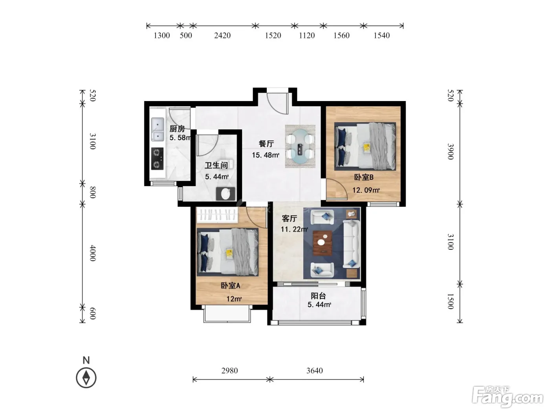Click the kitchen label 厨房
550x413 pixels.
click(x=177, y=129)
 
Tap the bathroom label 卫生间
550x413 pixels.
click(x=216, y=165)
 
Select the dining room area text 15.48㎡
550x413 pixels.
click(x=266, y=155)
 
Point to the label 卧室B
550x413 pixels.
click(x=363, y=177)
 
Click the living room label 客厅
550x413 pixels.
click(x=290, y=218)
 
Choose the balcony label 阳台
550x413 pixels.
click(x=318, y=296)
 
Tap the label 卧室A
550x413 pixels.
click(x=230, y=286)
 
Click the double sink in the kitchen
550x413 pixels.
click(x=158, y=129)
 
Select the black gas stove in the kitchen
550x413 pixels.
click(x=158, y=159)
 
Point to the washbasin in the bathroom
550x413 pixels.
click(x=225, y=194)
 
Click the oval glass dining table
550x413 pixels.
click(x=300, y=146)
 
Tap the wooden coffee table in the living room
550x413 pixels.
click(x=323, y=243)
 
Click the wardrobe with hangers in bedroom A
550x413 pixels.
click(x=217, y=215)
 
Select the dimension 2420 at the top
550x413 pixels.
click(x=222, y=35)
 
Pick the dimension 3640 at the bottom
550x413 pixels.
click(x=314, y=371)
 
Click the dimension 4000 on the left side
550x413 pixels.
click(x=93, y=253)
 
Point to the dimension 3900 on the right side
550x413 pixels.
click(x=451, y=151)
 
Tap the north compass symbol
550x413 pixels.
click(x=86, y=378)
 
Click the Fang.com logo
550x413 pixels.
click(x=508, y=396)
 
